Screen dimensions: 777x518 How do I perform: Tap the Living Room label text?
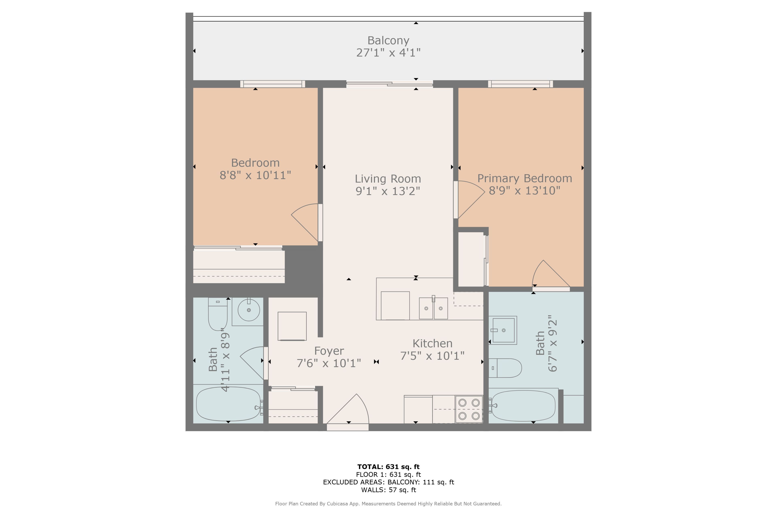pyautogui.click(x=388, y=179)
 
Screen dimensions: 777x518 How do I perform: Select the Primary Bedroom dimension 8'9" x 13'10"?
pyautogui.click(x=525, y=191)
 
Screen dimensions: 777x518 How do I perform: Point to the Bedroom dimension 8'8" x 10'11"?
pyautogui.click(x=255, y=175)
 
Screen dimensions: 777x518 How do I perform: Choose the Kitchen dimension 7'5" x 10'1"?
pyautogui.click(x=432, y=356)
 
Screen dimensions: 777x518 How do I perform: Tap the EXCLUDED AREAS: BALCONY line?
pyautogui.click(x=388, y=482)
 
